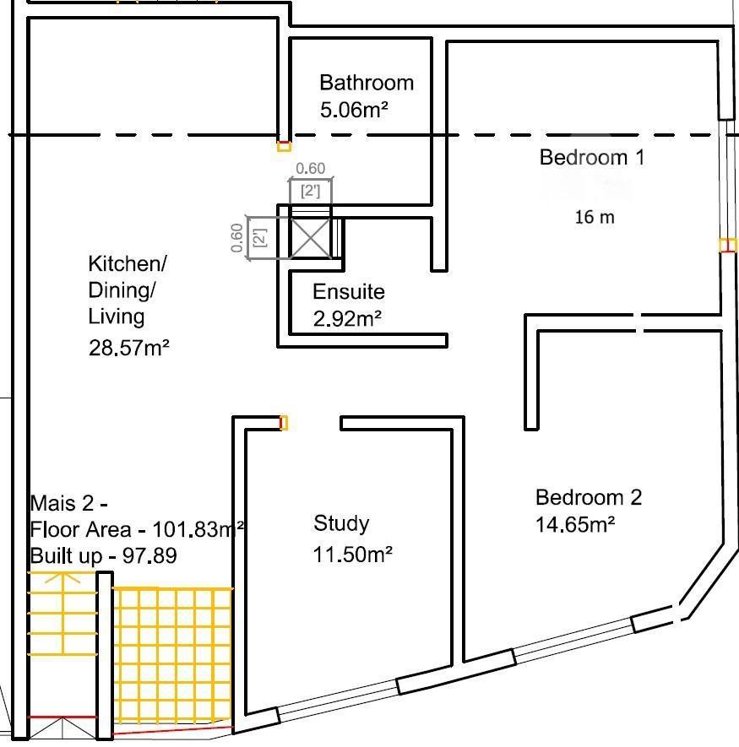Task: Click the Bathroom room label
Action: [x=367, y=83]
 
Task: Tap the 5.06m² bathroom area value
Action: [x=354, y=110]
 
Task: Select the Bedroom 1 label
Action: [x=592, y=158]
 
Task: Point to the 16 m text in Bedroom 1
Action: [x=595, y=217]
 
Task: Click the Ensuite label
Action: [x=349, y=291]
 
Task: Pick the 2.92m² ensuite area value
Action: [x=347, y=319]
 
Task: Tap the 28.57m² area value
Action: [x=128, y=348]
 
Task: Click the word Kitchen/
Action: [x=128, y=264]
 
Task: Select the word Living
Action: [x=117, y=317]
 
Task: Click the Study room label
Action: [x=341, y=523]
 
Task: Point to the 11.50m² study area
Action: [x=352, y=555]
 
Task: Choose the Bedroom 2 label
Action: [x=589, y=498]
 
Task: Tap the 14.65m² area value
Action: [x=575, y=524]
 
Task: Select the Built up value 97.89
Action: [x=149, y=555]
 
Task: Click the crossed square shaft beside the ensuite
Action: [x=310, y=238]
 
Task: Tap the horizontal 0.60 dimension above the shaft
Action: [x=311, y=168]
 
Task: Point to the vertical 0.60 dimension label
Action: [x=236, y=238]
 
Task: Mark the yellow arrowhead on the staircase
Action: [x=62, y=577]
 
